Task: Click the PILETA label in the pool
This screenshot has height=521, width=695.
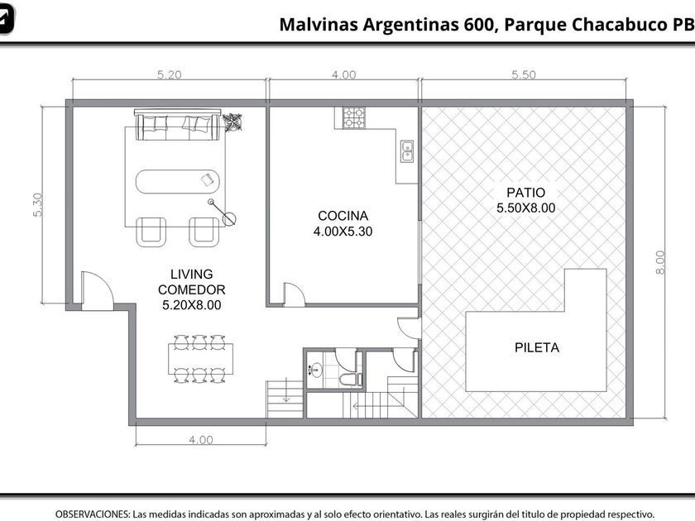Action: (537, 348)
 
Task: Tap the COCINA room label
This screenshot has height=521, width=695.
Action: (343, 216)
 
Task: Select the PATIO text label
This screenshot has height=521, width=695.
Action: (525, 193)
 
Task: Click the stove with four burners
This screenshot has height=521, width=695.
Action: (354, 117)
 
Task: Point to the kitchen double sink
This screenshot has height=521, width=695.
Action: (407, 151)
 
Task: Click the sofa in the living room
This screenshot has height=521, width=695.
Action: (177, 125)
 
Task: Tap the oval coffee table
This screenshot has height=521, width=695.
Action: (177, 181)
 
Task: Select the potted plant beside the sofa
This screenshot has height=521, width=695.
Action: (232, 122)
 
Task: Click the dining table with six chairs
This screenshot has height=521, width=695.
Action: (200, 359)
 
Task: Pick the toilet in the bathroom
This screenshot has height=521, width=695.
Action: (350, 380)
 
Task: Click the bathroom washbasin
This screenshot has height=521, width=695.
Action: (315, 369)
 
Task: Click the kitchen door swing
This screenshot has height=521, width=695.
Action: (295, 294)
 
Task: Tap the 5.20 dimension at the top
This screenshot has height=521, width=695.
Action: (170, 74)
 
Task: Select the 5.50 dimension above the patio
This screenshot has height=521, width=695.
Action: (524, 74)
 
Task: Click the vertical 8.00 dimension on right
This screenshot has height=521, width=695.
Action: (660, 262)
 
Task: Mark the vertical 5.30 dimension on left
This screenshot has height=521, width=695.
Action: (38, 205)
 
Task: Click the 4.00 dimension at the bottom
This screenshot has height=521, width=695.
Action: (201, 439)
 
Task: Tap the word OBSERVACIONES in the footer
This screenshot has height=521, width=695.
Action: (92, 514)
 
